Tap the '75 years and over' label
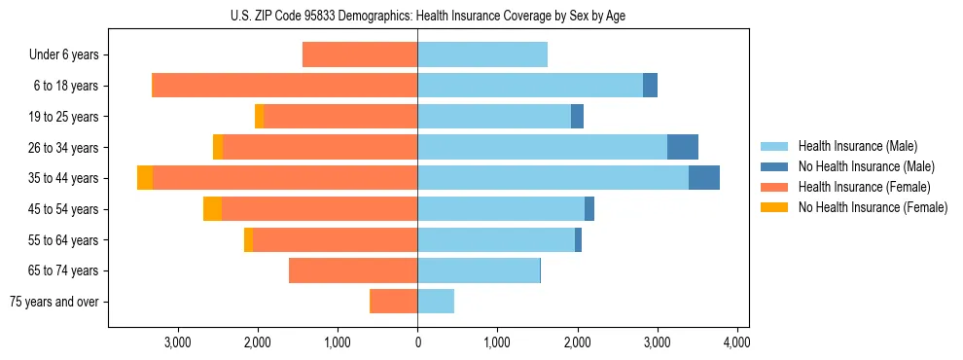[54, 302]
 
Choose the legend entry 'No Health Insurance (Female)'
[873, 207]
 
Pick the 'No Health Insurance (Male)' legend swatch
[774, 166]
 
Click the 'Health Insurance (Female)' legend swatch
[774, 187]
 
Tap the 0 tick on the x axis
[417, 342]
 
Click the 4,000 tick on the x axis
[736, 342]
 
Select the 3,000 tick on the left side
[178, 342]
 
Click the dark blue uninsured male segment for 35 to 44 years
[704, 178]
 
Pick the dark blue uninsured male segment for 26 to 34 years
[683, 147]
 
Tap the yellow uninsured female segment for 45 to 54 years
[212, 209]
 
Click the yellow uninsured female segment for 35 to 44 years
[145, 178]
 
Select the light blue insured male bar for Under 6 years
[482, 54]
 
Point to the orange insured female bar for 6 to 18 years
[285, 86]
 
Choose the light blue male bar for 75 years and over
[436, 302]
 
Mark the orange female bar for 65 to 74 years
[353, 270]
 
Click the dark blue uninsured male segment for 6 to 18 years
[650, 86]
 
